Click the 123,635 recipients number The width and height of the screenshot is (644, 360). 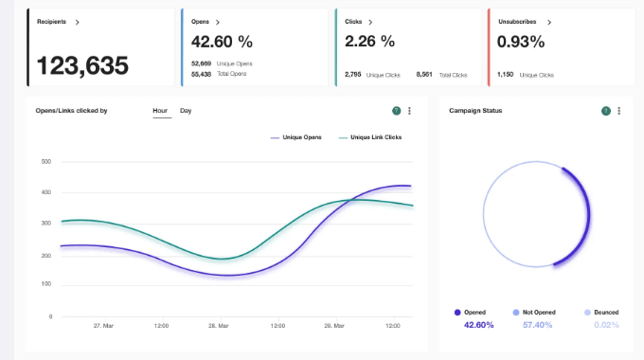pyautogui.click(x=82, y=65)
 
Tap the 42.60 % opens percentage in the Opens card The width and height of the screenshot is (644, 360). pyautogui.click(x=222, y=42)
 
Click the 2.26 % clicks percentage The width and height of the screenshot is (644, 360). pyautogui.click(x=369, y=42)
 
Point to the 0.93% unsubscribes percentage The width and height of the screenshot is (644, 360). pyautogui.click(x=520, y=42)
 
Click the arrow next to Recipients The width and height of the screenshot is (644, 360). pyautogui.click(x=77, y=21)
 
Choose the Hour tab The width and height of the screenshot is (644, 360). pyautogui.click(x=160, y=111)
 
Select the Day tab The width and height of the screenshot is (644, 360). pyautogui.click(x=186, y=111)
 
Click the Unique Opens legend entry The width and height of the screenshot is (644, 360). pyautogui.click(x=301, y=137)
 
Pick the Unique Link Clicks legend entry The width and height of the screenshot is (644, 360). pyautogui.click(x=375, y=137)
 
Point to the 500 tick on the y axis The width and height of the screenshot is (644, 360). pyautogui.click(x=45, y=162)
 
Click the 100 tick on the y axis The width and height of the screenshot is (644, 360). pyautogui.click(x=45, y=284)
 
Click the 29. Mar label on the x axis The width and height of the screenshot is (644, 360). pyautogui.click(x=334, y=326)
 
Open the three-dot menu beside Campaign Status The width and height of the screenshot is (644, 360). pyautogui.click(x=618, y=111)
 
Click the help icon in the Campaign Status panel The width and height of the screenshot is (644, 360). pyautogui.click(x=605, y=111)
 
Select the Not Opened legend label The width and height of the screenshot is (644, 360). pyautogui.click(x=538, y=312)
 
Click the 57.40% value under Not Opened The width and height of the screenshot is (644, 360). pyautogui.click(x=538, y=325)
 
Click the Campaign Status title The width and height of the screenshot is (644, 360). pyautogui.click(x=475, y=111)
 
